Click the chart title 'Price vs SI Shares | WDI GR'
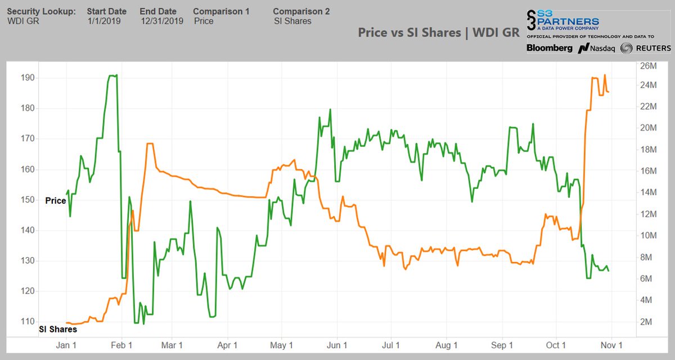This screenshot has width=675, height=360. click(x=438, y=33)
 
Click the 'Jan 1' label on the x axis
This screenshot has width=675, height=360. click(x=66, y=345)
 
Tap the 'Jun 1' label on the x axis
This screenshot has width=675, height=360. click(x=336, y=345)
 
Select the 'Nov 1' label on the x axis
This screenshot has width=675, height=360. click(x=611, y=345)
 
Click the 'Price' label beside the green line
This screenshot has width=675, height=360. click(x=55, y=200)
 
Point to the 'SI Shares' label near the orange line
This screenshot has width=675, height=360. click(x=57, y=330)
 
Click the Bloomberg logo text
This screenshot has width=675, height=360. click(x=549, y=48)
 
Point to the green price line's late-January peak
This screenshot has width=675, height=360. click(x=112, y=75)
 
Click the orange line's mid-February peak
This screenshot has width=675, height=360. click(x=150, y=144)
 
